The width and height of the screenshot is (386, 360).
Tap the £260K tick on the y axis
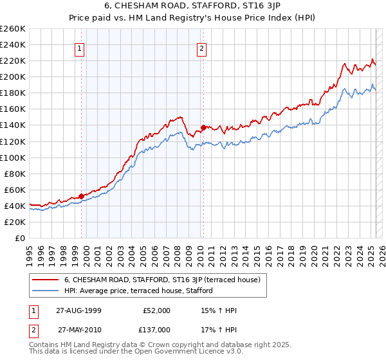[13, 28]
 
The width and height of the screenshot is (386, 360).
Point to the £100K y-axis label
[13, 157]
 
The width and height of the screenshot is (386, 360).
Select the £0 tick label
[20, 238]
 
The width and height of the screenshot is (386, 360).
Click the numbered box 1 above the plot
[80, 48]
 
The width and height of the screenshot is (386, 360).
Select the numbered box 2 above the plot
[202, 48]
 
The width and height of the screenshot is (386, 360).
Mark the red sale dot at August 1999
[82, 196]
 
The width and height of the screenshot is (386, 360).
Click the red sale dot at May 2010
[203, 127]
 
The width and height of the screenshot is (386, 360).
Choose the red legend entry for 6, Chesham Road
[161, 280]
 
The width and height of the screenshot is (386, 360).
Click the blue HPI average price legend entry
[142, 291]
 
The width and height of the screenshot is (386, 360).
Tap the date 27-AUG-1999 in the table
[79, 310]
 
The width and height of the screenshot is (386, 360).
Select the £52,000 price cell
[156, 310]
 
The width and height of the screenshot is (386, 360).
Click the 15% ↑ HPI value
[219, 310]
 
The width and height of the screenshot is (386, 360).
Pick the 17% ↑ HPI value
[219, 329]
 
